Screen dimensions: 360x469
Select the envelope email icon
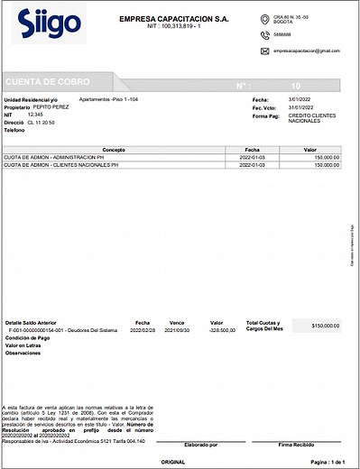tap(264, 51)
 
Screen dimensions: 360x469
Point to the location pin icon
tap(264, 19)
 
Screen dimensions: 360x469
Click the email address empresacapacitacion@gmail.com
tap(307, 51)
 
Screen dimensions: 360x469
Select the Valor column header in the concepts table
tap(309, 149)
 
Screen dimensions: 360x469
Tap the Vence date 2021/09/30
tap(177, 330)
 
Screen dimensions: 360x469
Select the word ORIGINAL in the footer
tap(172, 461)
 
